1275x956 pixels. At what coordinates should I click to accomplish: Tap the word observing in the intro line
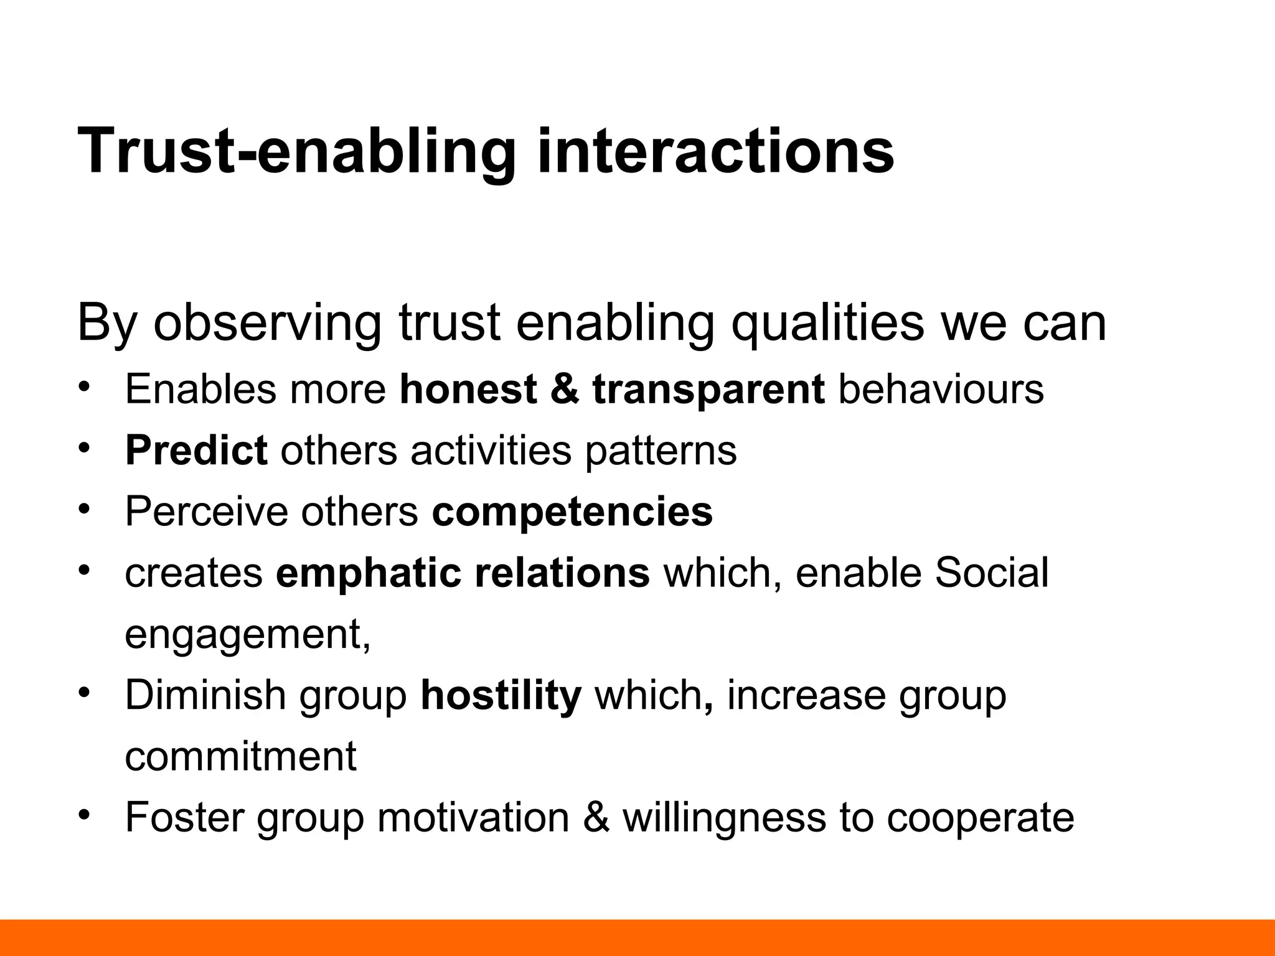tap(267, 324)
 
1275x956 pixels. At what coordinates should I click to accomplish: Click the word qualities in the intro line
tap(827, 324)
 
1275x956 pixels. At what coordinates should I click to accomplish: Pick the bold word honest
tap(468, 389)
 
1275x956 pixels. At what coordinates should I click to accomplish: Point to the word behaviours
tap(941, 389)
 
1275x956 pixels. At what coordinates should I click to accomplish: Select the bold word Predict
tap(196, 450)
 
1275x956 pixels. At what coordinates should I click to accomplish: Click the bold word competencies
tap(572, 512)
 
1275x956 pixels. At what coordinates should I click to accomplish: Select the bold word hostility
tap(501, 695)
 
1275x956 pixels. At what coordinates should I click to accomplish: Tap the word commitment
tap(240, 756)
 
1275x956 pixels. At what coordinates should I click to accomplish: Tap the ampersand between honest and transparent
tap(564, 389)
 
